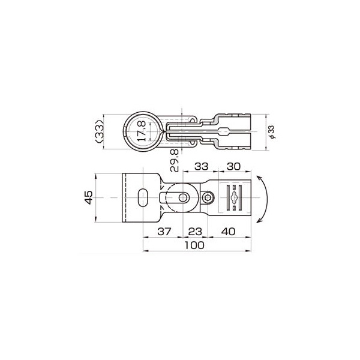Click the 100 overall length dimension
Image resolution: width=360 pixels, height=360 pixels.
pyautogui.click(x=194, y=245)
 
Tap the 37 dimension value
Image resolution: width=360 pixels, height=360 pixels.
pyautogui.click(x=164, y=232)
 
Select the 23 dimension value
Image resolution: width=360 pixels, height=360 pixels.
pyautogui.click(x=195, y=232)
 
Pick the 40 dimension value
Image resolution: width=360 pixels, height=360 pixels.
pyautogui.click(x=228, y=232)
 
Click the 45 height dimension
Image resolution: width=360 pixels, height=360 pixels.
pyautogui.click(x=88, y=197)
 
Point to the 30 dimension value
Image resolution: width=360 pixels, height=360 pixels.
pyautogui.click(x=233, y=166)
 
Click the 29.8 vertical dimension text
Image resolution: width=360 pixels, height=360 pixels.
pyautogui.click(x=174, y=160)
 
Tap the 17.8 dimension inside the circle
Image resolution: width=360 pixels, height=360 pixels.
pyautogui.click(x=141, y=131)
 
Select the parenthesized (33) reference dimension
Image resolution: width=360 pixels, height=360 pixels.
pyautogui.click(x=100, y=131)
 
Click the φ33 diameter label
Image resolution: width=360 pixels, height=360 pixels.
pyautogui.click(x=272, y=132)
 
